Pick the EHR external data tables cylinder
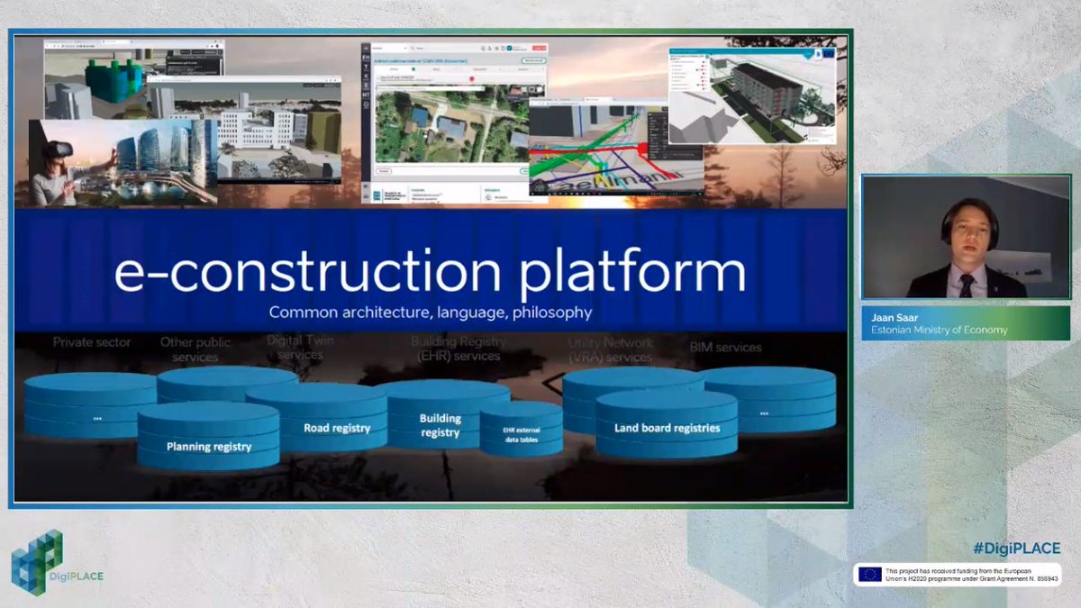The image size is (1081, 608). click(521, 436)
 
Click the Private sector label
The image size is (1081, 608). click(92, 342)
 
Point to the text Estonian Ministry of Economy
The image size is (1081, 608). click(939, 330)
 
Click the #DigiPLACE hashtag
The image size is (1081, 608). click(1015, 548)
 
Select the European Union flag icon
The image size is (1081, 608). click(869, 574)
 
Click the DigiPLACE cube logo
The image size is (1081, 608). click(36, 560)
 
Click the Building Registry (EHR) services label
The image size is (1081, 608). click(458, 349)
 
